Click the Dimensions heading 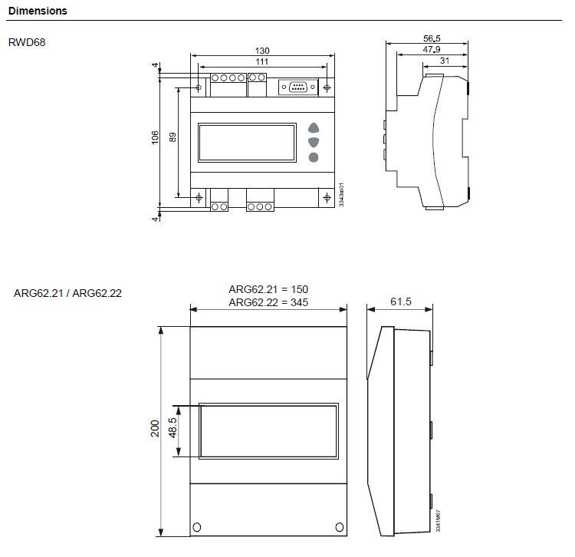click(x=38, y=11)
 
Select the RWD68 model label click(x=27, y=42)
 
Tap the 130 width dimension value click(x=262, y=51)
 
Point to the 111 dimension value click(x=262, y=61)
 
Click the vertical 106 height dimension click(x=155, y=137)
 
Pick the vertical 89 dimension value click(x=172, y=137)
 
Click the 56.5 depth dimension click(x=432, y=38)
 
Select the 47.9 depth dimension click(x=431, y=49)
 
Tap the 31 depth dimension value click(x=445, y=61)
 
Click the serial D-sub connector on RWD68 click(x=298, y=87)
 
